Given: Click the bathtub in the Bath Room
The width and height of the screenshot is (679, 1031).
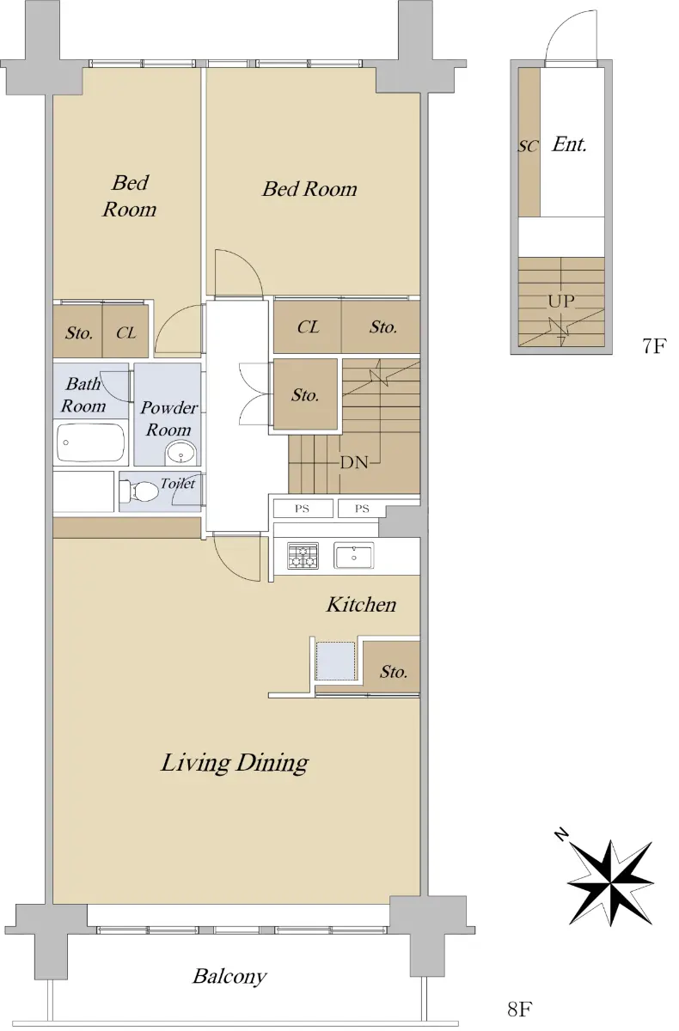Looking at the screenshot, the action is pos(91,442).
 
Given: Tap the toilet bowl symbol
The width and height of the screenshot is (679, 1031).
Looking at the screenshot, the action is pos(138,491).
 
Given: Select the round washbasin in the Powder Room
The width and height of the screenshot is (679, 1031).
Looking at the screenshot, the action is pos(180,453).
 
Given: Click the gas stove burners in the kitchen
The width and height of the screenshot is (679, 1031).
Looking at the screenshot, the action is pos(303,556).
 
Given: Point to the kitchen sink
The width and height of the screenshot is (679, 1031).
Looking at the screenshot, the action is pos(353,556).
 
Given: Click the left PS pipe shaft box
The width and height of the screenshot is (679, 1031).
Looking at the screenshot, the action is pos(303,509).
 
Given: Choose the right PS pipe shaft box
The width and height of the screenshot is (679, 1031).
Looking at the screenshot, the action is pos(362,509).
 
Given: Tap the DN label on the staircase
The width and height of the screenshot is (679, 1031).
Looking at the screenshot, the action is pos(354,462).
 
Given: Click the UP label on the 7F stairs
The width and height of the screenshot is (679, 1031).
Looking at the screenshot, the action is pos(561,302).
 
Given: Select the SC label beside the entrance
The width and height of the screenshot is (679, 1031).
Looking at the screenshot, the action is pos(528,146).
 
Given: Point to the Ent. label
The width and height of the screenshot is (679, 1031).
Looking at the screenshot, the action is pos(570,144).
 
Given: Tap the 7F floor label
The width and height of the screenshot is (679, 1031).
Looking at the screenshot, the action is pos(654,345).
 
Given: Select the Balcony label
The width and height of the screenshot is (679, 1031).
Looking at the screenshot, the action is pos(229,976).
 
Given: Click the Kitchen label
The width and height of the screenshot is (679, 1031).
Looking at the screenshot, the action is pos(361,604).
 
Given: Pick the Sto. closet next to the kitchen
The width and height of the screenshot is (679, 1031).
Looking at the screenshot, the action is pos(392,666).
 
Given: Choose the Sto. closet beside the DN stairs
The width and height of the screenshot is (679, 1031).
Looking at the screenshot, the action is pos(306,394).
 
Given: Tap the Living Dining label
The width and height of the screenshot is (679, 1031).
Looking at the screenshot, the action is pos(235,763).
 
